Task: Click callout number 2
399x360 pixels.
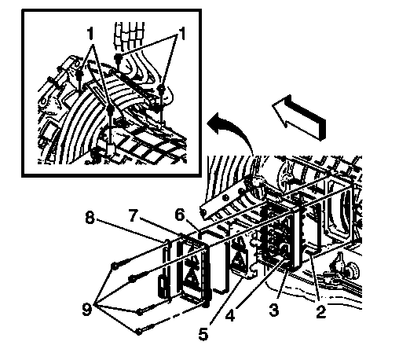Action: pos(321,312)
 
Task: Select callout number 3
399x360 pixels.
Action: pos(274,310)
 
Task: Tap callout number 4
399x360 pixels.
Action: pos(230,315)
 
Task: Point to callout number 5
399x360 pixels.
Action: pos(203,334)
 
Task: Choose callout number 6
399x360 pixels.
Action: pos(180,215)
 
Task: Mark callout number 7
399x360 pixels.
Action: pos(133,215)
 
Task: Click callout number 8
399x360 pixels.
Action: pos(90,218)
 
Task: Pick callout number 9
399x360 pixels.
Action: pos(87,309)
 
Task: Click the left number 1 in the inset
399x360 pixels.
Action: pos(90,34)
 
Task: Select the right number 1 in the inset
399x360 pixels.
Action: pos(181,34)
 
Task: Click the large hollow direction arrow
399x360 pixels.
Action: pos(299,117)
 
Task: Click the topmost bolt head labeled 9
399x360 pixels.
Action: pos(115,266)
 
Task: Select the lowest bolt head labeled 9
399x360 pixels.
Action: pos(139,332)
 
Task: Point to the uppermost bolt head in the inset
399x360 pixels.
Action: pos(118,57)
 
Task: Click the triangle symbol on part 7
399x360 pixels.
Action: pos(192,275)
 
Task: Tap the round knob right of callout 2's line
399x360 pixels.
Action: pos(350,269)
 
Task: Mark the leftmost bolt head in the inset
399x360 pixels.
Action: pos(79,74)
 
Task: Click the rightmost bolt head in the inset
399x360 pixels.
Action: pos(162,89)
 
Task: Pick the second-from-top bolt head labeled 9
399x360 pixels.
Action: pos(132,278)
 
